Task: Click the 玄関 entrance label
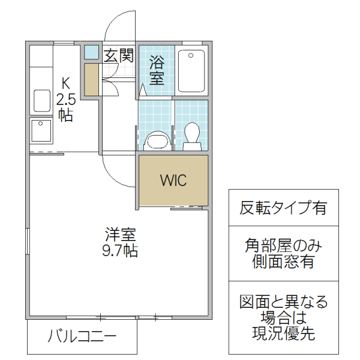tap(118, 56)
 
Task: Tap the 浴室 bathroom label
tap(157, 70)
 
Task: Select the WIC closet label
tap(173, 180)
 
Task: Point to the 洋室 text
tap(119, 234)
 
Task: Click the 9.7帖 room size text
tap(119, 250)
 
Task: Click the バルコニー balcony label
tap(82, 335)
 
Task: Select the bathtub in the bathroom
tap(191, 70)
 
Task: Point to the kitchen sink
tap(42, 101)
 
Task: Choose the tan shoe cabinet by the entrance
tap(91, 79)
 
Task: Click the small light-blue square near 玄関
tap(91, 52)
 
